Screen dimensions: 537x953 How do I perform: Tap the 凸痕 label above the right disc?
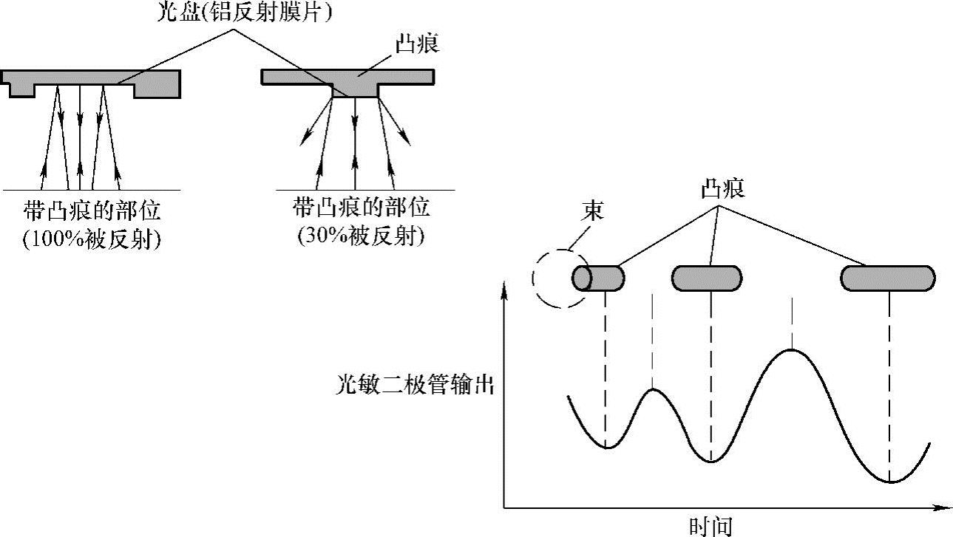418,44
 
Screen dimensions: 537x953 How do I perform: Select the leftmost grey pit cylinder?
598,278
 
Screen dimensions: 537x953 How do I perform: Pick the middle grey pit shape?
706,278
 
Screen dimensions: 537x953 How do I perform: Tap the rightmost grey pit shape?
888,278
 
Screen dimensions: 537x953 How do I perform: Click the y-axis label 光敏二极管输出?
413,386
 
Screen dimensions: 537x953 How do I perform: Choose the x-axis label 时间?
710,526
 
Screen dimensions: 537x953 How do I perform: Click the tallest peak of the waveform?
792,349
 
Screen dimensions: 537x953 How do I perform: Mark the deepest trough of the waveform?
891,482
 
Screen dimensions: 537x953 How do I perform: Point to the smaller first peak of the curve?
652,389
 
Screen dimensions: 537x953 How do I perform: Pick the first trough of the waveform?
606,448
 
